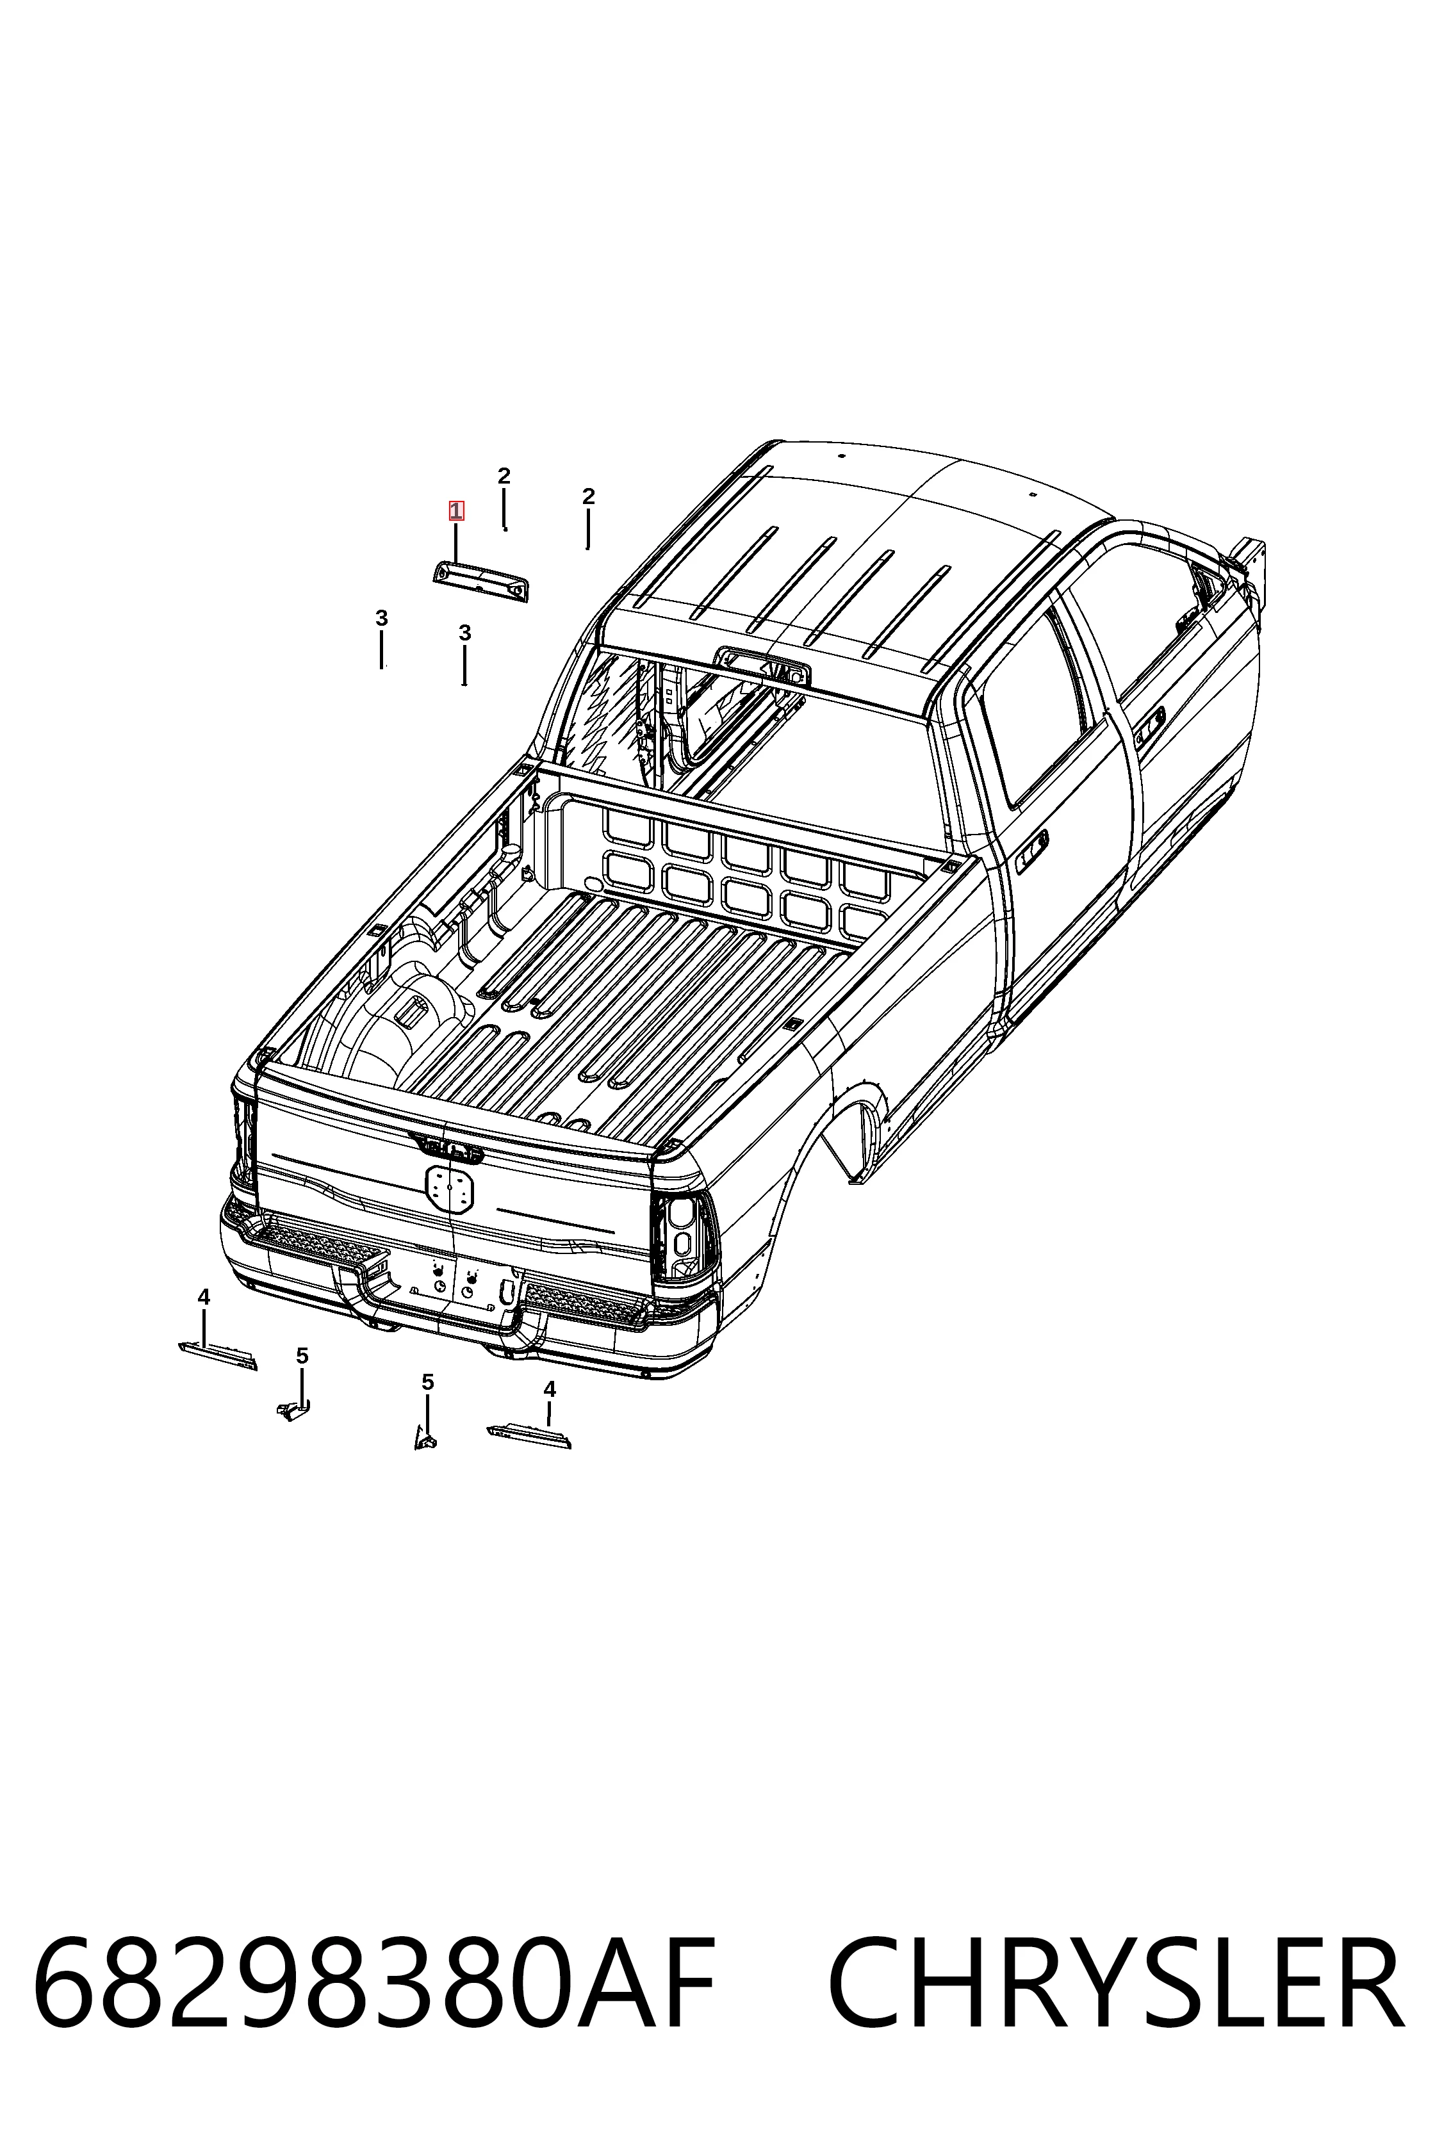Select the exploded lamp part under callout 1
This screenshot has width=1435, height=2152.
click(481, 582)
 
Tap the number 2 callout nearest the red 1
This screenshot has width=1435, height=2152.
click(504, 476)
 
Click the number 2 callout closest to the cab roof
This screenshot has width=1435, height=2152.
click(589, 496)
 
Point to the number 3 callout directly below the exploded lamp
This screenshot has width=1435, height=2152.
click(465, 632)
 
